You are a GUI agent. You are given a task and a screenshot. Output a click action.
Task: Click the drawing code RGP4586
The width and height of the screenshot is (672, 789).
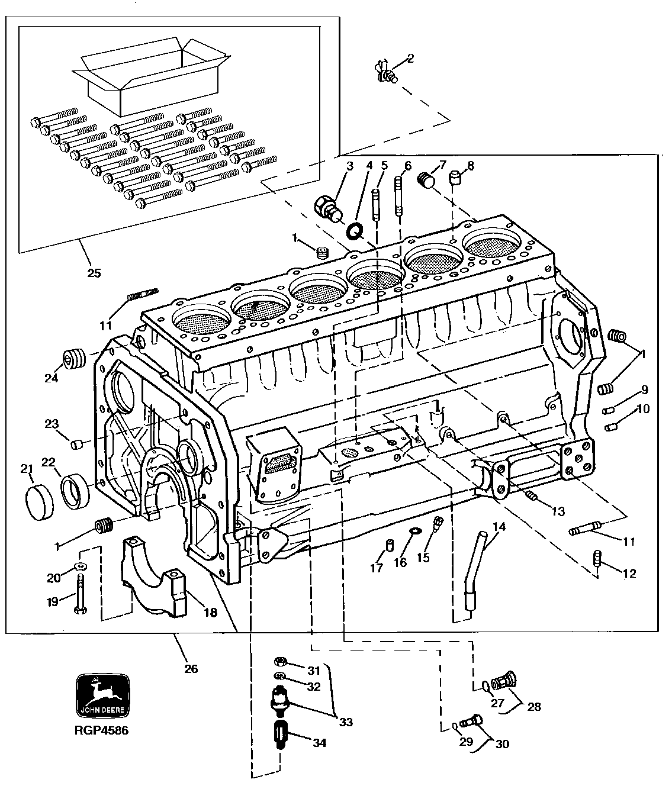coord(101,730)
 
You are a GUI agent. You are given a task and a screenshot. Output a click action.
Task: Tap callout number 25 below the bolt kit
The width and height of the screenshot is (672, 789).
coord(94,273)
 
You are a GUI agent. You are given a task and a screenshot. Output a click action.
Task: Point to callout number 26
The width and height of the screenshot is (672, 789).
coord(190,669)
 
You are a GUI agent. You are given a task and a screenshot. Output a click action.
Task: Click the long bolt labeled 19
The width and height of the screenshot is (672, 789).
coord(80,595)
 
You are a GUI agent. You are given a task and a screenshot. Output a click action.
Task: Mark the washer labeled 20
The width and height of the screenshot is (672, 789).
coord(81,566)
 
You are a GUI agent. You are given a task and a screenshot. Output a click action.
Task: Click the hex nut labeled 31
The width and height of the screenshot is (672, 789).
coord(281,662)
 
